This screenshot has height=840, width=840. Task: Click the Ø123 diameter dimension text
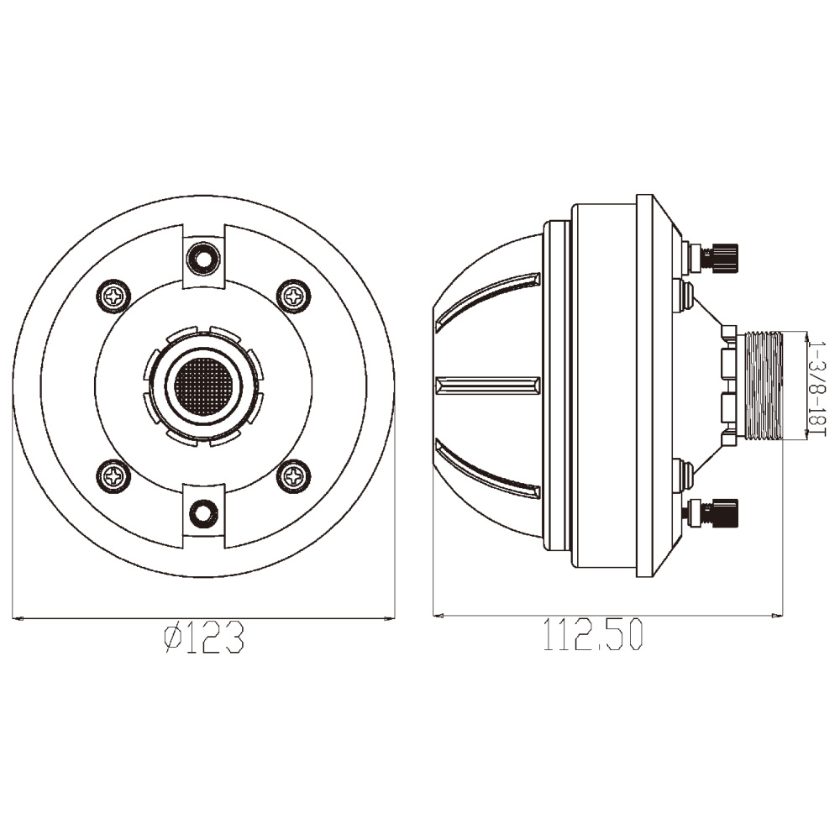click(x=204, y=637)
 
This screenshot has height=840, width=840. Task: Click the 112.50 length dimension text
click(x=592, y=634)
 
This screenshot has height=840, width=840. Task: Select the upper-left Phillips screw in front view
click(x=113, y=295)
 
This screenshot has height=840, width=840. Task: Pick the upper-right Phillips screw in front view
click(x=293, y=295)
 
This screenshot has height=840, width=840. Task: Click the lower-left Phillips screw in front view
click(x=113, y=475)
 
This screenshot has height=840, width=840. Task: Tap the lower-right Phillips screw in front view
click(x=293, y=475)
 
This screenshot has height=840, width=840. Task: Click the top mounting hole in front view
click(x=203, y=259)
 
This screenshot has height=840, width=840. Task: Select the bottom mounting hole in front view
click(x=203, y=512)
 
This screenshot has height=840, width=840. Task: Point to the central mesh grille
click(x=203, y=386)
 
